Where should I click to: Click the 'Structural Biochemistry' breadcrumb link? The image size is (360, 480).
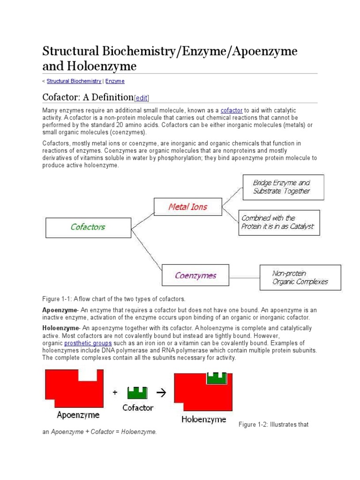pos(74,81)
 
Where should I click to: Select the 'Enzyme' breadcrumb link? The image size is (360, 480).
pos(115,81)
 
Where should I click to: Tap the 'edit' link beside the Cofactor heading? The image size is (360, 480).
pos(142,98)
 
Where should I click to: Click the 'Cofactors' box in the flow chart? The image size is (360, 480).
pos(88,227)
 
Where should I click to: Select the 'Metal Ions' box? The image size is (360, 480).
pos(187,207)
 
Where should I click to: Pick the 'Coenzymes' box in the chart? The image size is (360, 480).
pos(195,275)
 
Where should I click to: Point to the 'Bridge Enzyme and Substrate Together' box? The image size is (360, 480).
pos(283,187)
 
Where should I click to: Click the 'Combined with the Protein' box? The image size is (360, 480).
pos(279,222)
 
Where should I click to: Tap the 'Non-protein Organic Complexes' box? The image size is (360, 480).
pos(300,277)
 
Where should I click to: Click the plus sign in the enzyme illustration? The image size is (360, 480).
pos(115,393)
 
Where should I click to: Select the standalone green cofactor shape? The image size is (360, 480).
pos(137,392)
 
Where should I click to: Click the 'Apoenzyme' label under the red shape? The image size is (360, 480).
pos(78,414)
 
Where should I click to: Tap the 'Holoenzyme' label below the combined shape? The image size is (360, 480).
pos(203,419)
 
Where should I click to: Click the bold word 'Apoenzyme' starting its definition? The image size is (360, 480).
pos(59,310)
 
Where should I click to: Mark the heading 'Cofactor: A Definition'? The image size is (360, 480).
pos(88,97)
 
